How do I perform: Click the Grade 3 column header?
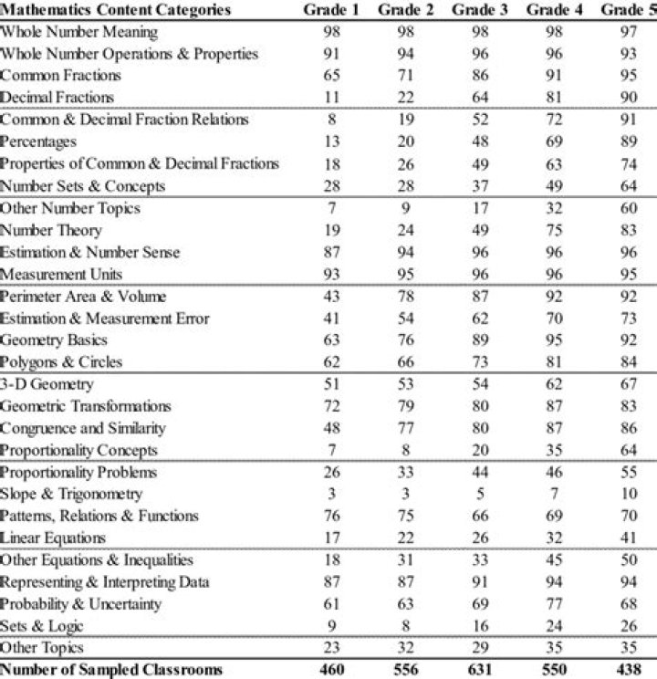pos(479,10)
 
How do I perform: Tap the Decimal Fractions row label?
pos(57,98)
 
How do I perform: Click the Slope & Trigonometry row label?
pos(71,494)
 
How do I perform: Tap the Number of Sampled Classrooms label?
pos(111,670)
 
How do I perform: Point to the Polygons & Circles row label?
pos(61,362)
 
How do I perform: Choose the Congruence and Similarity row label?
pos(83,428)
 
